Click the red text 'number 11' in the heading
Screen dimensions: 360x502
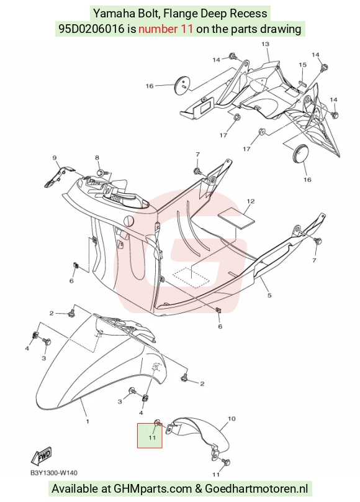(166, 29)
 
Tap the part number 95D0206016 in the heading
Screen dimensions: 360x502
(91, 29)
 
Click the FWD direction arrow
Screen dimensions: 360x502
(41, 455)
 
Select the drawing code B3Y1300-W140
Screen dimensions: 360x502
(54, 473)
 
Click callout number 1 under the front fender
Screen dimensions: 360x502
(88, 421)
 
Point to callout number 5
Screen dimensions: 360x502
(269, 295)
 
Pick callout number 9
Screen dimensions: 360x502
(55, 158)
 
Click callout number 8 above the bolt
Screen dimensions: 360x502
(97, 158)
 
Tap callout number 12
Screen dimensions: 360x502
(251, 201)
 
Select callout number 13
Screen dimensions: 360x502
(266, 44)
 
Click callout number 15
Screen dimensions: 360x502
(302, 65)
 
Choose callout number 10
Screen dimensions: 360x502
(232, 419)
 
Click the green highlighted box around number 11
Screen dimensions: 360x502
(150, 436)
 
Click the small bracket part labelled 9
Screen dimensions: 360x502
(59, 175)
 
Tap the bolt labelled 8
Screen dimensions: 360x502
(100, 173)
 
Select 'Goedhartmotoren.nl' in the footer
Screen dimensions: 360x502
(256, 489)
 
